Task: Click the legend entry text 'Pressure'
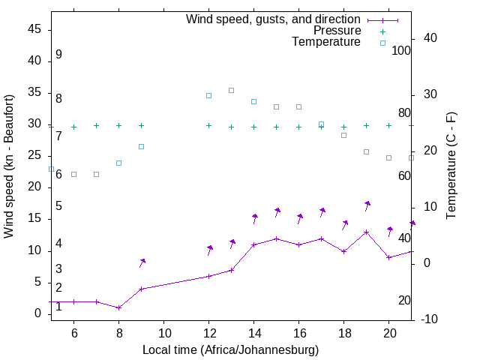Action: point(337,31)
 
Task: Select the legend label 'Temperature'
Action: point(326,43)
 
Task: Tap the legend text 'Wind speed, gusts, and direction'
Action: point(273,19)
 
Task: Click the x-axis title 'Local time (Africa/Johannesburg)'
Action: point(230,349)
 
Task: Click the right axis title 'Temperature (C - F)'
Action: point(451,166)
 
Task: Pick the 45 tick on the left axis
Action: point(34,29)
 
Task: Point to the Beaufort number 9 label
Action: point(58,55)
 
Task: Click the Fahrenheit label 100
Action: point(401,51)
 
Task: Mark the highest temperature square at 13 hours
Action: point(231,90)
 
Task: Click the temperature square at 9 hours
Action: point(141,146)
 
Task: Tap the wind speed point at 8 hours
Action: point(118,307)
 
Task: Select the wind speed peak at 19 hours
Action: point(366,232)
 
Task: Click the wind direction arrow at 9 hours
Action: point(142,262)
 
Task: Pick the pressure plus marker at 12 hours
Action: point(208,126)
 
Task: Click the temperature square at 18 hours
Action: point(343,135)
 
